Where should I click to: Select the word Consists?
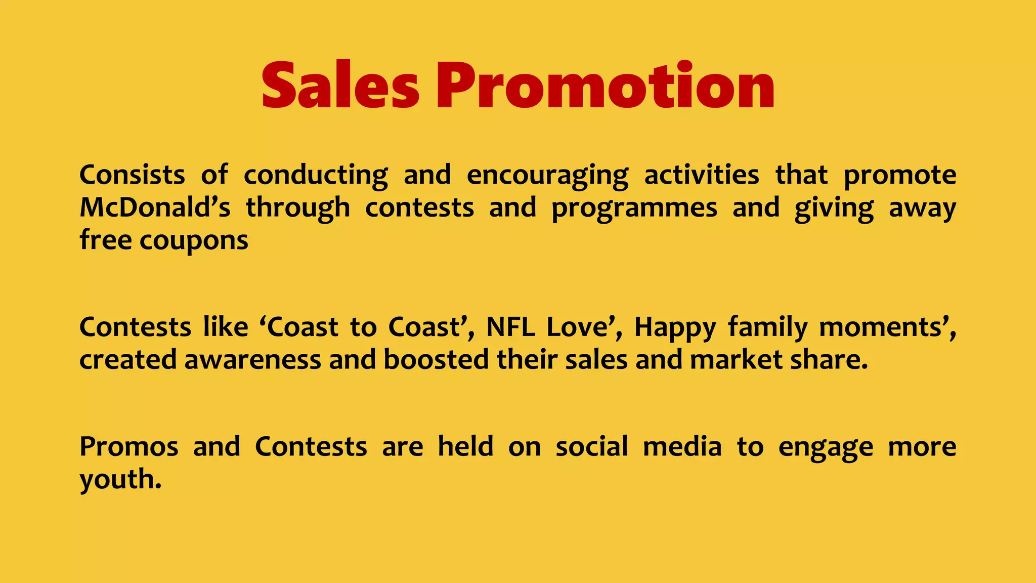pos(132,175)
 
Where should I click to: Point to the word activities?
pos(702,175)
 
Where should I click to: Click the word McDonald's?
pos(155,207)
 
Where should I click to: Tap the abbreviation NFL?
pos(510,327)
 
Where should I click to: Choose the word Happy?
pos(675,328)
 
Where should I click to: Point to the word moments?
pos(884,327)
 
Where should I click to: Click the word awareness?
pos(252,360)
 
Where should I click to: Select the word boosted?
pos(436,360)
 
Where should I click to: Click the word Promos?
pos(129,446)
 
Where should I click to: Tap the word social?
pos(592,446)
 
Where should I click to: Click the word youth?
pos(120,479)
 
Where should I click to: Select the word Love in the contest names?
pos(577,327)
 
